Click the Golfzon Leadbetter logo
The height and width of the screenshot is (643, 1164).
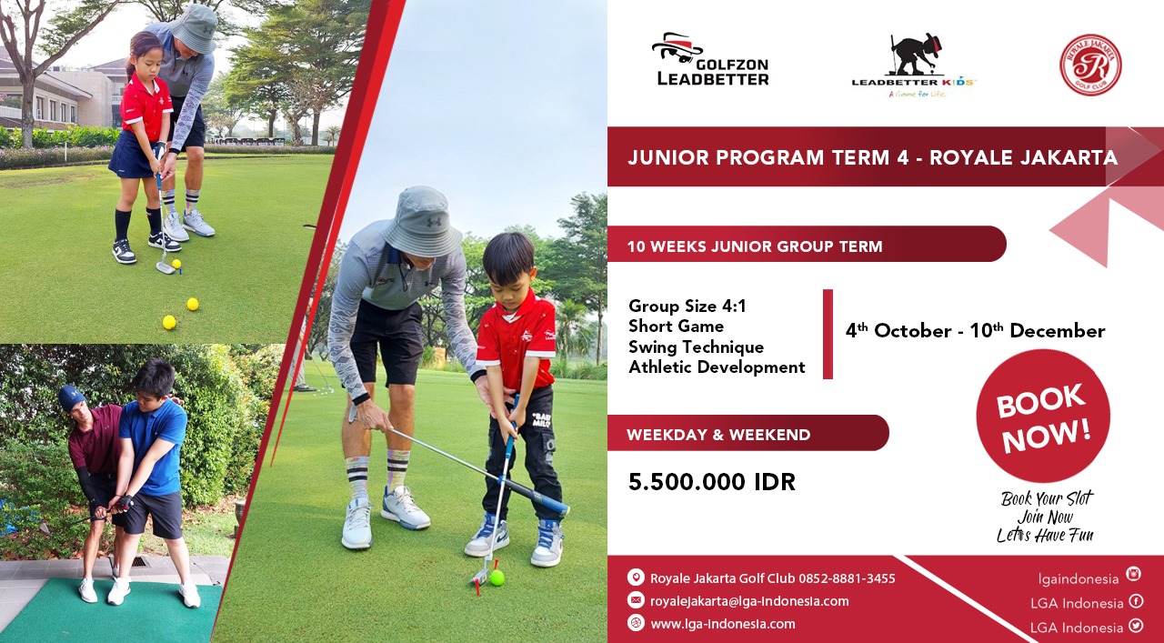tap(710, 59)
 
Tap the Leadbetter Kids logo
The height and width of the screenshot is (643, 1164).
tap(914, 65)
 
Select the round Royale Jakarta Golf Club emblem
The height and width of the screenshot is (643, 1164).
tap(1090, 65)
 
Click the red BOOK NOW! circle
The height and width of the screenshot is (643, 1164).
tap(1043, 416)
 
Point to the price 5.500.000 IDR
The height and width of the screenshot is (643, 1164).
tap(711, 482)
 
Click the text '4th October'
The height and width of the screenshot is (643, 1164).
tap(898, 331)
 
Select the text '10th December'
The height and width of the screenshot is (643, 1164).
tap(1038, 331)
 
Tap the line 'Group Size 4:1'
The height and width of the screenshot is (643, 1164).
tap(687, 306)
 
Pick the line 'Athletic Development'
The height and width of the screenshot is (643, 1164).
tap(717, 367)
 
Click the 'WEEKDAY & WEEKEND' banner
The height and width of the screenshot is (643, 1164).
tap(748, 433)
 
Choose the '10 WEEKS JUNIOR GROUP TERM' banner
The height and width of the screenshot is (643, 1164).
tap(807, 244)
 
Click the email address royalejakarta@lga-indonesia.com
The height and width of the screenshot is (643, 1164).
tap(749, 601)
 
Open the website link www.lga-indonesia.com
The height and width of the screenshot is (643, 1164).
tap(723, 624)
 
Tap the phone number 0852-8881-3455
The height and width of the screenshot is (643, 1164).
tap(847, 578)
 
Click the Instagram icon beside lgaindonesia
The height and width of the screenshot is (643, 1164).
tap(1133, 574)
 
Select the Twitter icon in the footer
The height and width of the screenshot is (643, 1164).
tap(1136, 626)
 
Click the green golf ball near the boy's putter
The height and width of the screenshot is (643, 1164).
tap(497, 578)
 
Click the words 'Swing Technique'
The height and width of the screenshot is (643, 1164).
tap(696, 347)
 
